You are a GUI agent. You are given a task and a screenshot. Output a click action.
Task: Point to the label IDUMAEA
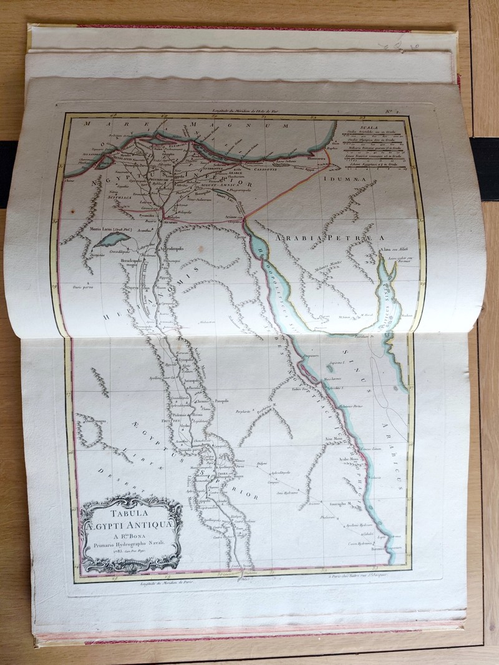351,181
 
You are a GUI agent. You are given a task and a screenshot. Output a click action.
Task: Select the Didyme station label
263,464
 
